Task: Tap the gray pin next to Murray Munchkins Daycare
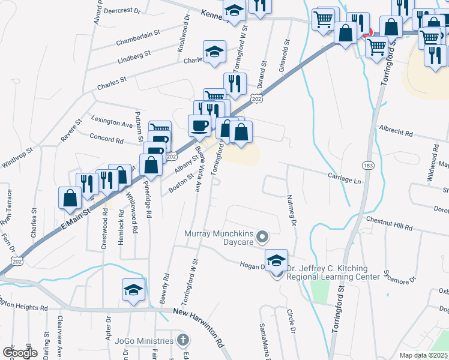(x=262, y=238)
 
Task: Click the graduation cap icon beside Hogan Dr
(x=276, y=261)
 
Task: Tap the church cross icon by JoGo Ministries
(x=184, y=340)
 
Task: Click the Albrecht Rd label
(x=396, y=131)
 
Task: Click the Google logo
(x=20, y=353)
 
